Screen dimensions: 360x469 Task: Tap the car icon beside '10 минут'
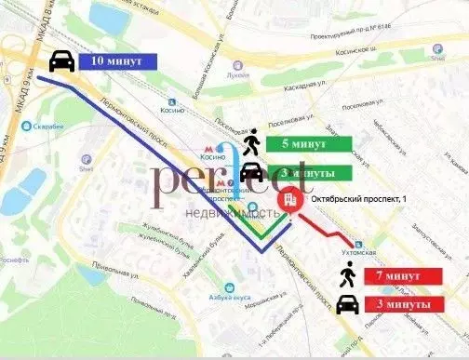60,60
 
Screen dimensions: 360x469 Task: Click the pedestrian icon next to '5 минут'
249,143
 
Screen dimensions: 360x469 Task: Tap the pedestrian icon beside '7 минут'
347,274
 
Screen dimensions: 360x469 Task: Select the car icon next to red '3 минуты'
347,303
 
